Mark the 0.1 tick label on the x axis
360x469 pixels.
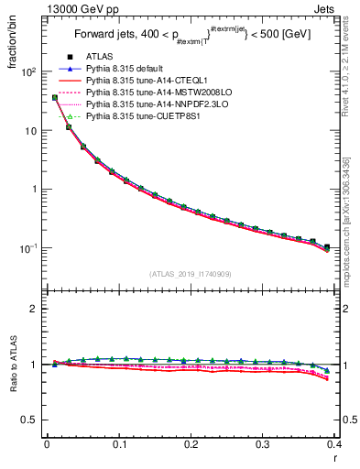118,442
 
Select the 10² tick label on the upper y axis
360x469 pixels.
28,71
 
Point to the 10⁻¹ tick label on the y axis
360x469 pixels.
27,248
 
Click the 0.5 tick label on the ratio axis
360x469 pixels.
29,420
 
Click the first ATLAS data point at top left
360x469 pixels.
55,97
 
